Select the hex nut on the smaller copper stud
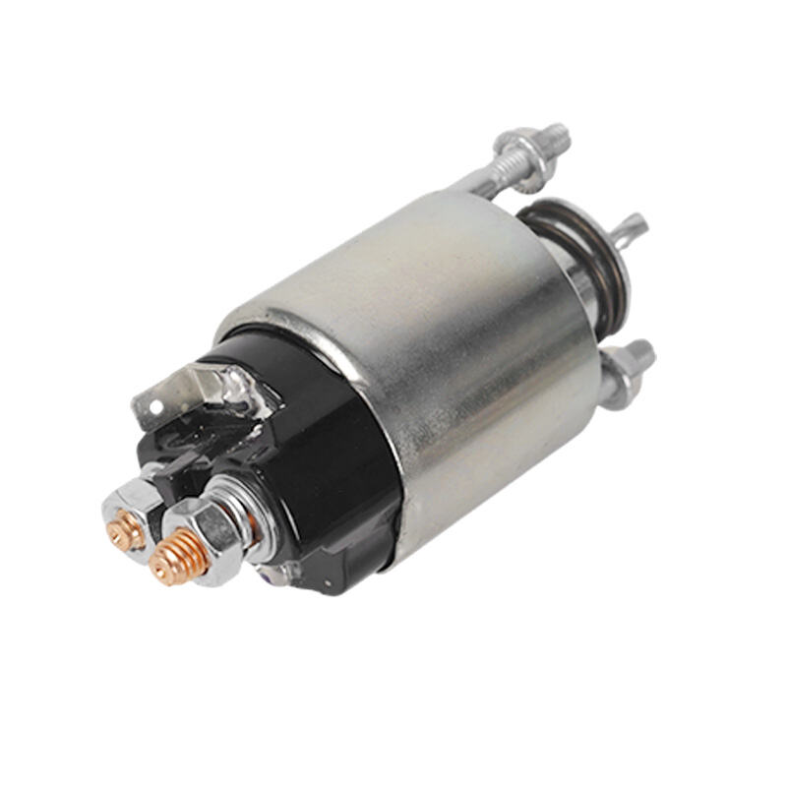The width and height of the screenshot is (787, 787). [x=131, y=511]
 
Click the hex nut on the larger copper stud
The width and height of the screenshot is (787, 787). [x=202, y=536]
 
